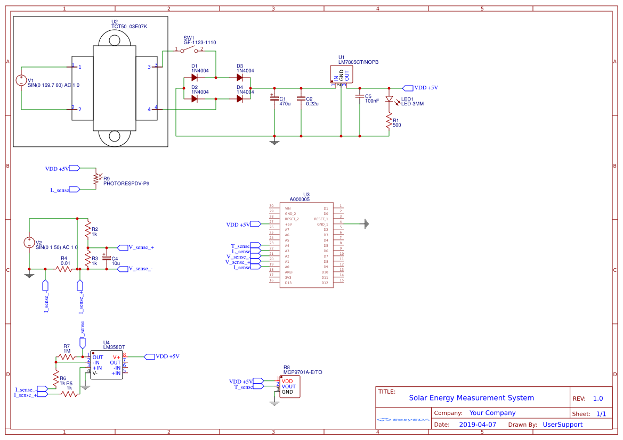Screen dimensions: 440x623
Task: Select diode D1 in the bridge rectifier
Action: (194, 78)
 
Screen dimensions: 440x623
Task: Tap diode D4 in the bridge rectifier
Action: (239, 98)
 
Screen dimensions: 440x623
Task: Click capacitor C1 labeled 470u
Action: (274, 98)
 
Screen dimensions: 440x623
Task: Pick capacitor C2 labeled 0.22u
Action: (301, 98)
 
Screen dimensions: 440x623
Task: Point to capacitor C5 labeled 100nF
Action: (360, 96)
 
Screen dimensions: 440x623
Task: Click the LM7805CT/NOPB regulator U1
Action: (341, 74)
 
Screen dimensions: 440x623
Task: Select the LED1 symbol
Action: (389, 99)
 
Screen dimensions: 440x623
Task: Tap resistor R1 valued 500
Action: (389, 121)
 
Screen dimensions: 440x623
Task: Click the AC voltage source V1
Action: (22, 80)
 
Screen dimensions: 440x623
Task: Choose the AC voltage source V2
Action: (29, 243)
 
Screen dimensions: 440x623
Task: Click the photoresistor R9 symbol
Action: (95, 179)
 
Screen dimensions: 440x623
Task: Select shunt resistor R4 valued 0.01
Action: (65, 269)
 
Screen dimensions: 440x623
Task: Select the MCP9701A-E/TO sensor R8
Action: (289, 386)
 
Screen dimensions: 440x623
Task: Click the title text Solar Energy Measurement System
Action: (471, 398)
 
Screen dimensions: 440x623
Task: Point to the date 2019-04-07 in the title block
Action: (477, 425)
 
